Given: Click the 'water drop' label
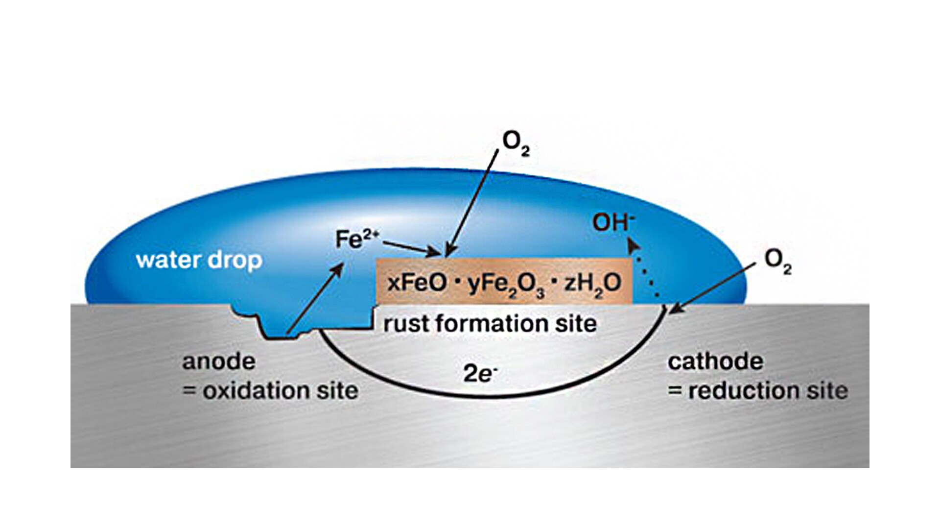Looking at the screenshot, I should pos(199,260).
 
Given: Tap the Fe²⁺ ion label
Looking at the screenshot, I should pos(357,240).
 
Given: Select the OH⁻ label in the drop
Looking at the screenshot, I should pos(613,222).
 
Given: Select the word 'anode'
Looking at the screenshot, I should pos(219,361).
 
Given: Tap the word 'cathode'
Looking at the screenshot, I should pos(715,361).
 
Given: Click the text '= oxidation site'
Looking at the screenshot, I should pos(270,391).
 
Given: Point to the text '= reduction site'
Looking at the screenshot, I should pos(758,391).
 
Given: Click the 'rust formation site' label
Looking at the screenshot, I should pos(490,324).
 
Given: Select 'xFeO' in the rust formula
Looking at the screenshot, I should pos(417,283).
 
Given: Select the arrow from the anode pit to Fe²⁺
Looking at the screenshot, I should pos(315,300).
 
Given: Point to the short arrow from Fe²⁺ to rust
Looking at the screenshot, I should pos(412,248).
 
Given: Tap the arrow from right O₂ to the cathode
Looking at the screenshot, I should pos(713,289).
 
